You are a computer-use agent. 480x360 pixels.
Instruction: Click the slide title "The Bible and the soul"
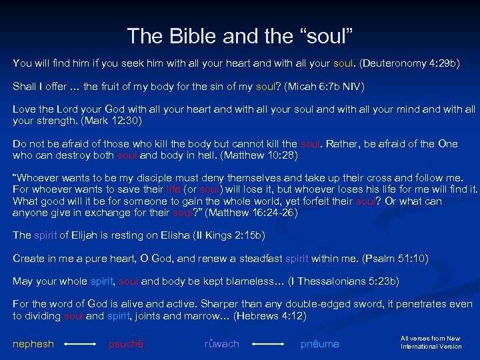tap(240, 35)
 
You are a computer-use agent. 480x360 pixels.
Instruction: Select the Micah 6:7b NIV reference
tap(320, 87)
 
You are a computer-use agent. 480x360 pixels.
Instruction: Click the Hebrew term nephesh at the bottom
tap(33, 344)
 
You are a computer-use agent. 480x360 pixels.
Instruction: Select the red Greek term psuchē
tap(126, 344)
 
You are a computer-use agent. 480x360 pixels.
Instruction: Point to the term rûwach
tap(221, 344)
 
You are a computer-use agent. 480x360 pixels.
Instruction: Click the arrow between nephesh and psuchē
tap(81, 345)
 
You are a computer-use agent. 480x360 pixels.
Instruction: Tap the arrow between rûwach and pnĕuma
tap(270, 345)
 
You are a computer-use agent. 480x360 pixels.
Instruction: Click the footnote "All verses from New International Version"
tap(431, 343)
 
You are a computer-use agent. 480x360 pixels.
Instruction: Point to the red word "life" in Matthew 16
tap(173, 189)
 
